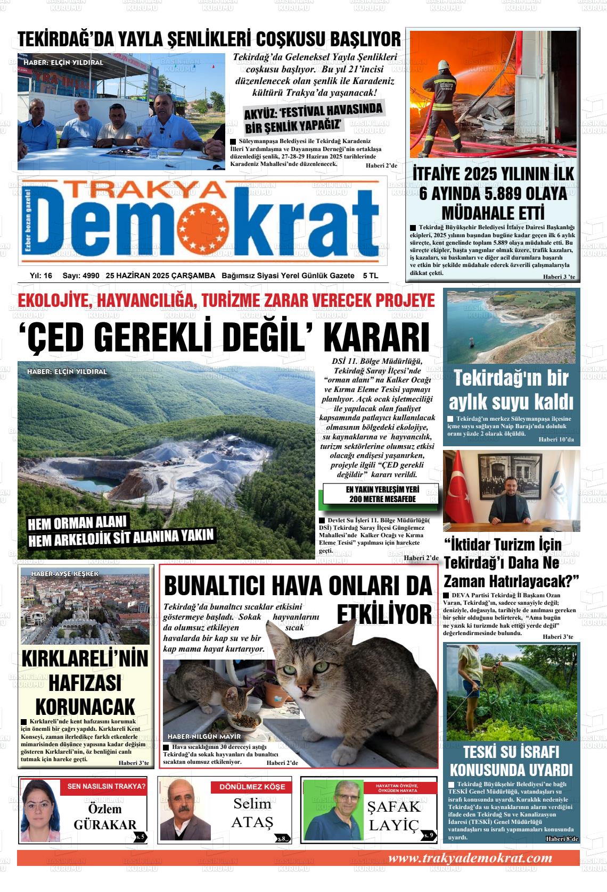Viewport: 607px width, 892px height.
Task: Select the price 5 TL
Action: tap(370, 276)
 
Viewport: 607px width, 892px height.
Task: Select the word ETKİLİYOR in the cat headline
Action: tap(384, 614)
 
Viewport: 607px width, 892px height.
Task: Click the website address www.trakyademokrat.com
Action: tap(470, 858)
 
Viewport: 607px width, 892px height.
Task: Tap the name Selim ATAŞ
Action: tap(252, 813)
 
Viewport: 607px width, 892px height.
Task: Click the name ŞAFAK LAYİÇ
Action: tap(394, 816)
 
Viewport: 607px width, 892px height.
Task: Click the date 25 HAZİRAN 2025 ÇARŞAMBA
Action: tap(160, 276)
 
